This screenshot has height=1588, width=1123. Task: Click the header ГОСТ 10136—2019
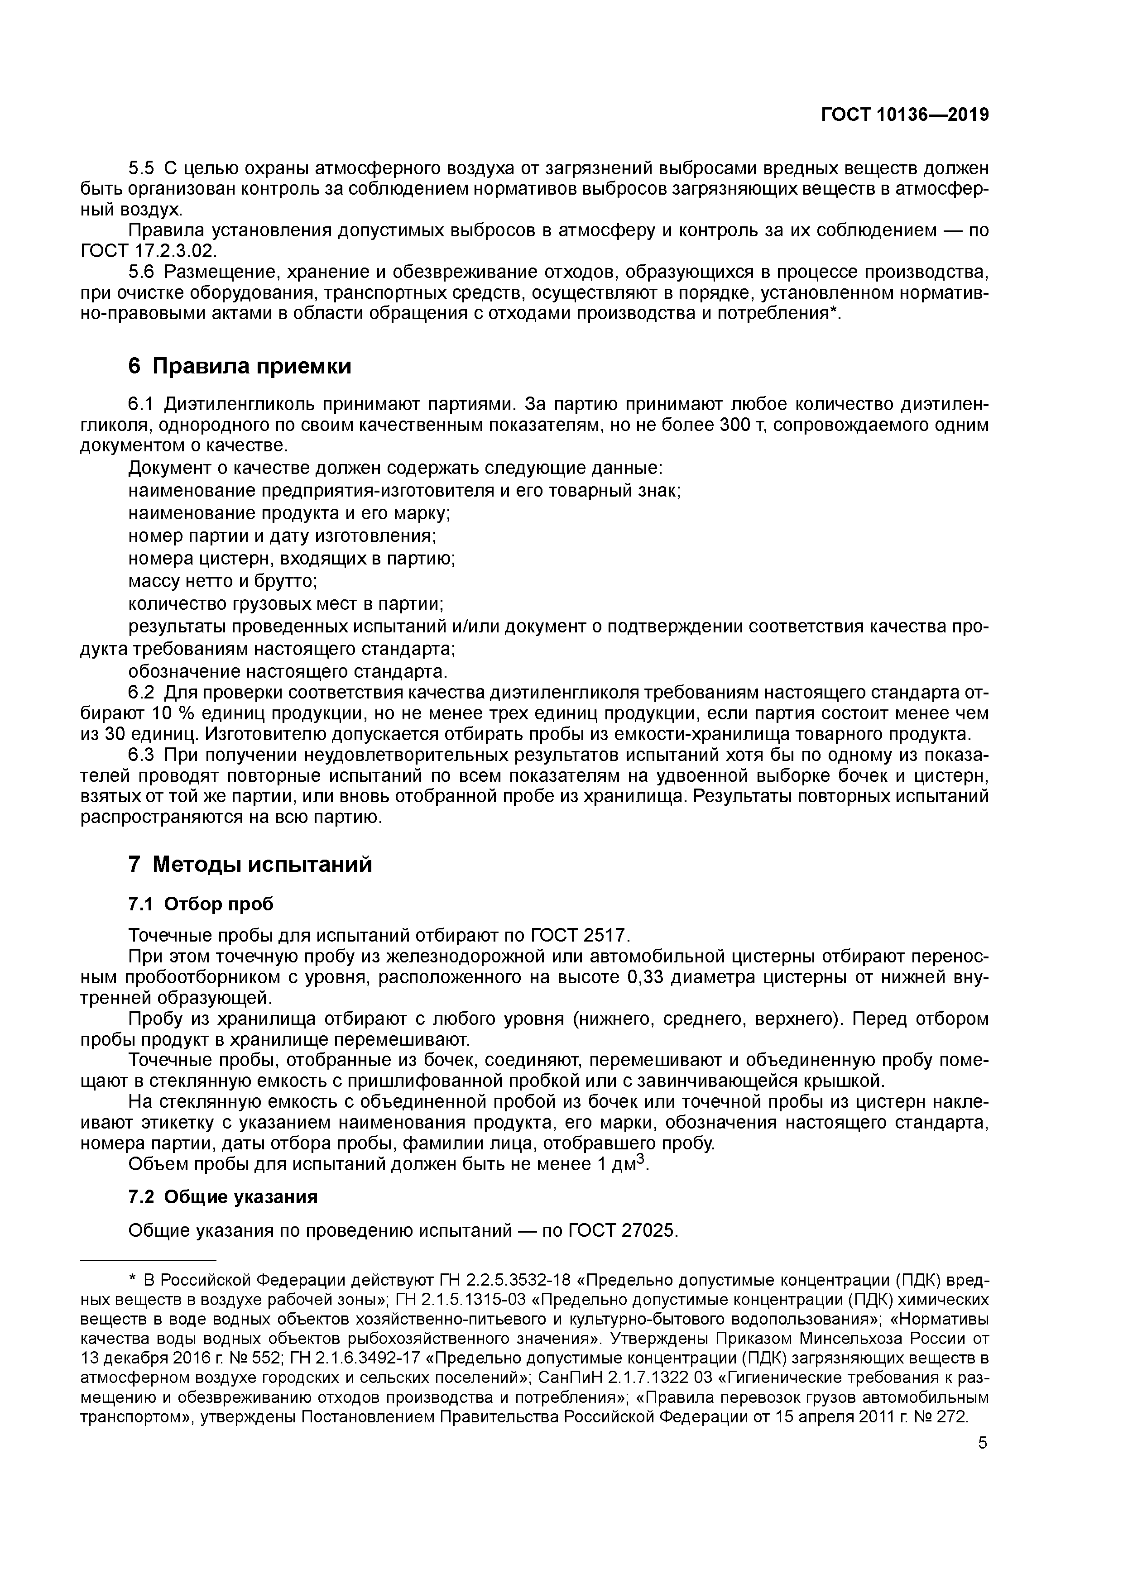pos(904,115)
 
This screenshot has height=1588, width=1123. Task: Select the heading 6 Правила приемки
pos(240,366)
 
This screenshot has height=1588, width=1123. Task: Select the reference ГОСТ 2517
pos(579,936)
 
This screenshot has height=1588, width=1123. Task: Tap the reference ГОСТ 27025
pos(623,1231)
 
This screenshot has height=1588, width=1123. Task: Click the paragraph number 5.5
pos(142,168)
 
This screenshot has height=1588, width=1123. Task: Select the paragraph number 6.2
pos(142,692)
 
